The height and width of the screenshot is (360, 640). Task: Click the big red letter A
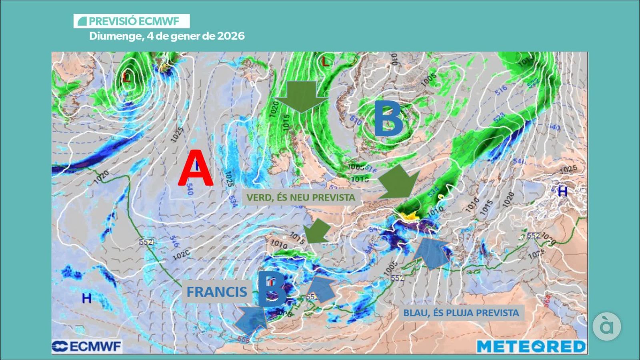[x=196, y=168]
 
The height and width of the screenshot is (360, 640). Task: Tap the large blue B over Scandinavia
[x=388, y=118]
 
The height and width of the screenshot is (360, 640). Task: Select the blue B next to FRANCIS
[x=272, y=289]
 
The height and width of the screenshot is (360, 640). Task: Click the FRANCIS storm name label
[x=216, y=292]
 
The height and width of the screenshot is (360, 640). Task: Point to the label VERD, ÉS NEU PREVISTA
[x=300, y=197]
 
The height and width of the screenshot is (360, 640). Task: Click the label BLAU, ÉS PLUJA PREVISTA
[x=461, y=313]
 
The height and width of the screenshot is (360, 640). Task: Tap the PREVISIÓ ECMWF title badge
[x=131, y=21]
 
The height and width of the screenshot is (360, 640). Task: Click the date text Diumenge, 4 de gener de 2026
[x=166, y=36]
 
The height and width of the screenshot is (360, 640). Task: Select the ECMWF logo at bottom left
[x=87, y=346]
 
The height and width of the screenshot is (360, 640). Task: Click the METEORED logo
[x=531, y=346]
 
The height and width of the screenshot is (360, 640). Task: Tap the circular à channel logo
[x=607, y=326]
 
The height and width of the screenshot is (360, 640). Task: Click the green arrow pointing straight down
[x=301, y=96]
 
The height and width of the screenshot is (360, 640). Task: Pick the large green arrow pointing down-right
[x=399, y=182]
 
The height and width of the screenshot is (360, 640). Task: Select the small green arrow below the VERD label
[x=318, y=231]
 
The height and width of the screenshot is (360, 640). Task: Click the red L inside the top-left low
[x=126, y=77]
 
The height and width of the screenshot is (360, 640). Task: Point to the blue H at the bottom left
[x=86, y=298]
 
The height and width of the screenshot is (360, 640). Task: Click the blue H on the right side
[x=562, y=192]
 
